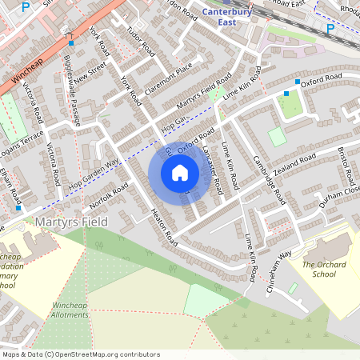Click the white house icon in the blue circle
point(180,173)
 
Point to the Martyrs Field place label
point(71,220)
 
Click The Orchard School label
point(324,269)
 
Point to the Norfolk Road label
point(110,194)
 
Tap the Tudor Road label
point(140,40)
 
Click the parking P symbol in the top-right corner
point(330,28)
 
